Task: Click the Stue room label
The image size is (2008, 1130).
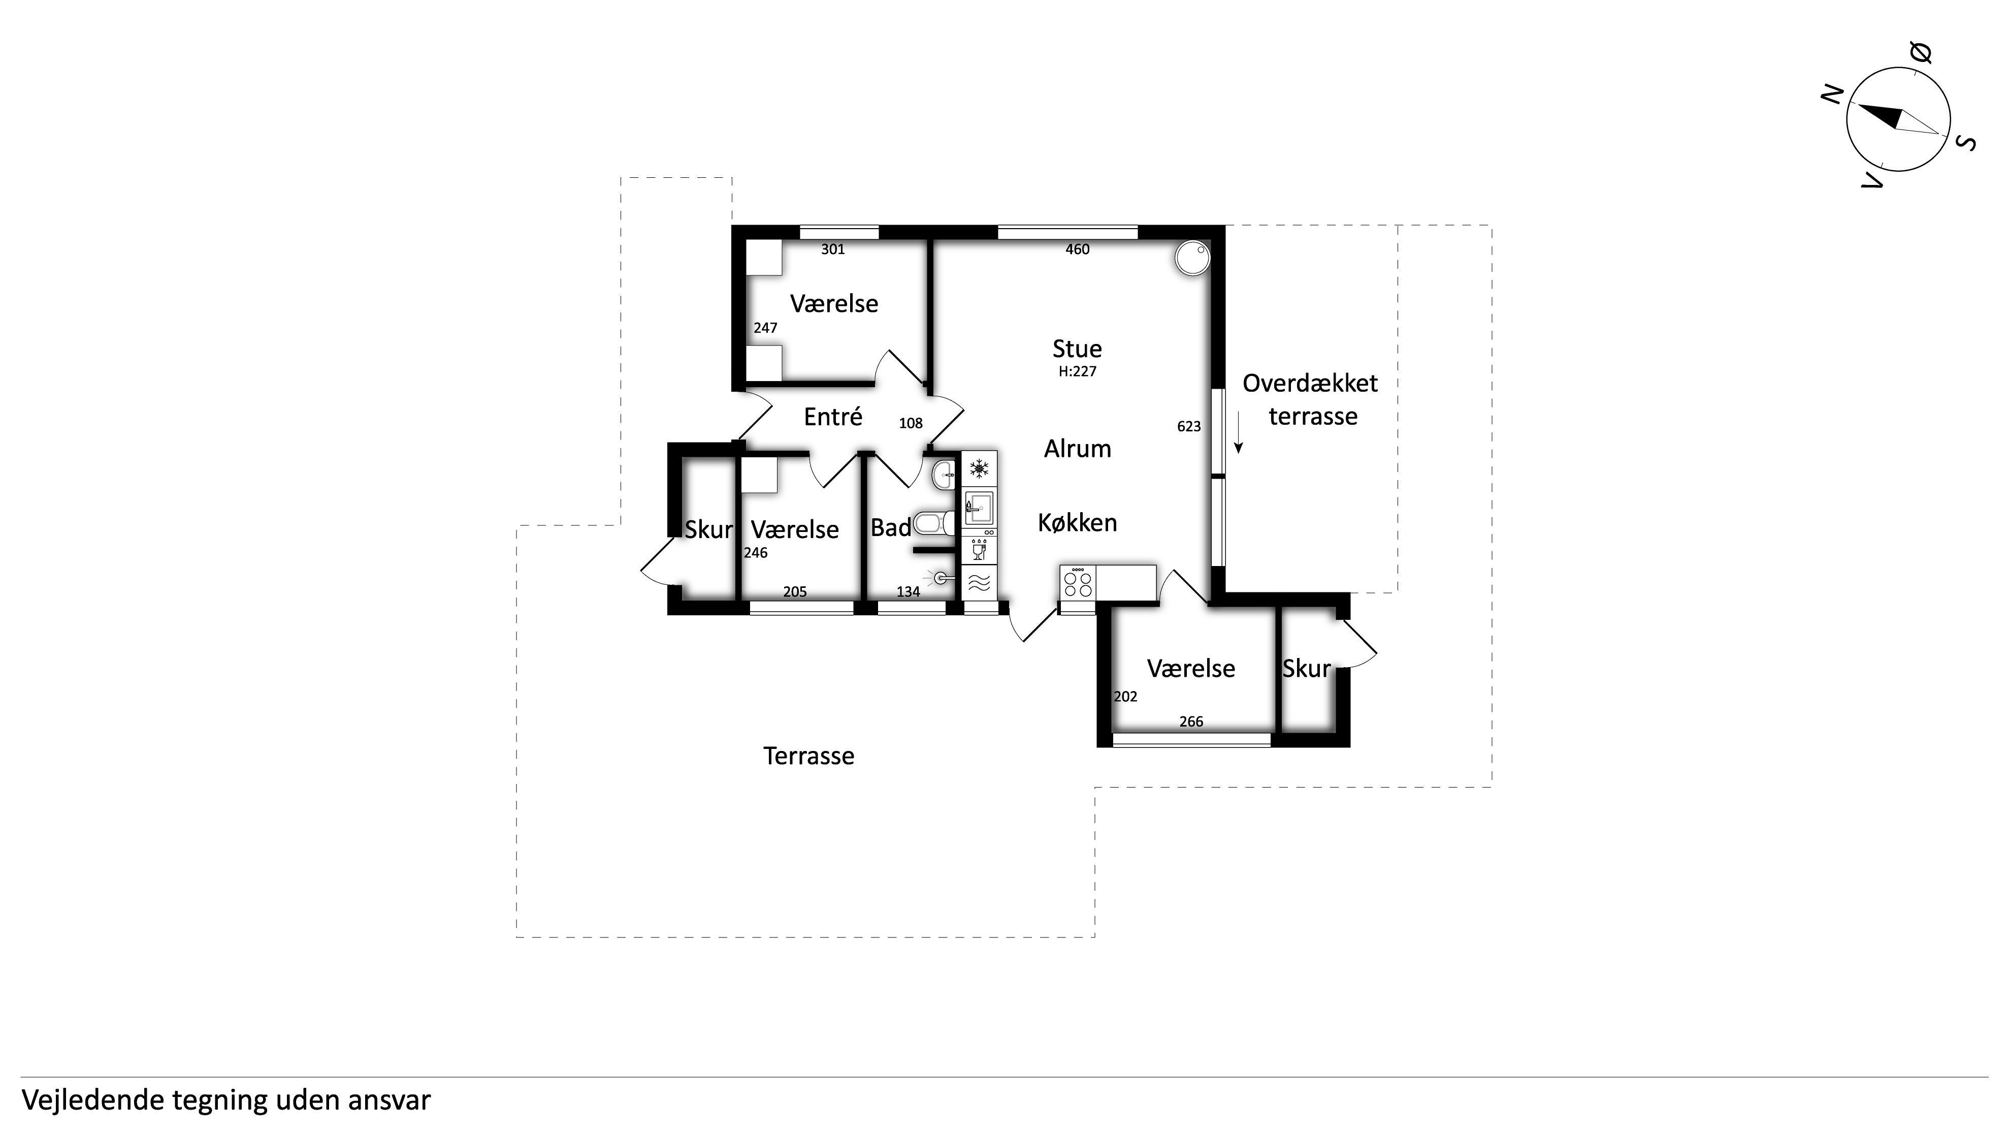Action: point(1077,349)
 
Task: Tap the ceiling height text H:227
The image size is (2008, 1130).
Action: point(1077,372)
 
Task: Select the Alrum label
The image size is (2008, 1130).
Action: point(1077,449)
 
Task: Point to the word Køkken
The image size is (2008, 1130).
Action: point(1077,522)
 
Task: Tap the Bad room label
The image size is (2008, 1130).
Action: point(890,528)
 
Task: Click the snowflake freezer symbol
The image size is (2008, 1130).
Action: point(979,468)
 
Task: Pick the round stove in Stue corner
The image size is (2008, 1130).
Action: point(1192,258)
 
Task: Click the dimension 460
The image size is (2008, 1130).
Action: point(1077,249)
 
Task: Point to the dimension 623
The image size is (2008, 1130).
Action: point(1189,427)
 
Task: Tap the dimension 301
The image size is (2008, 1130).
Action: point(832,249)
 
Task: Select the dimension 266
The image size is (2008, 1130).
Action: point(1191,722)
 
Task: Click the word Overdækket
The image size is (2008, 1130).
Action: point(1310,383)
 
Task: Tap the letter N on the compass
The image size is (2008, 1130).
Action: point(1833,95)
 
